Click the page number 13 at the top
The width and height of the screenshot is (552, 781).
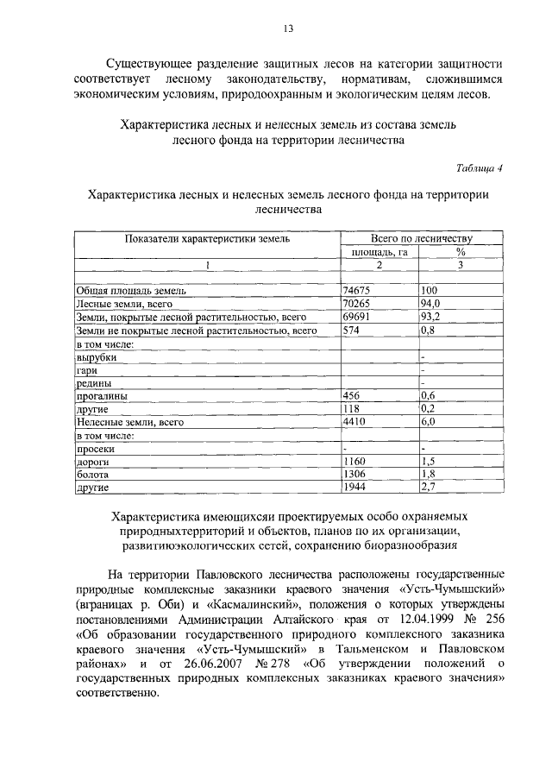288,28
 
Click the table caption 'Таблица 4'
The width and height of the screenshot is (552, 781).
478,167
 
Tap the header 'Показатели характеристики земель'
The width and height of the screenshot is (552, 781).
206,238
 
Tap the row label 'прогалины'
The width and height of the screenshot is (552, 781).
102,396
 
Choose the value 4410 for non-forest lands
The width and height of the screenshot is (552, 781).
354,422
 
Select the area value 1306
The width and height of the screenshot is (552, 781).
354,475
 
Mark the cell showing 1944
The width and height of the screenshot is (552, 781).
354,488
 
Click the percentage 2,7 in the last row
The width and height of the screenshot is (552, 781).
427,488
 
